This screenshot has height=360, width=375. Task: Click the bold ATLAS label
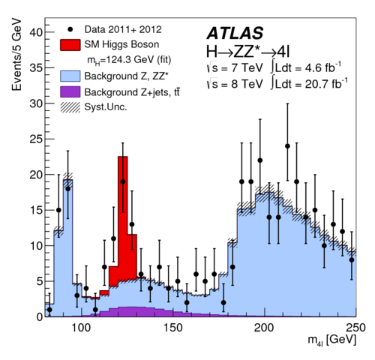point(235,32)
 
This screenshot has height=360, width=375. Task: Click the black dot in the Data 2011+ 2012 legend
point(70,29)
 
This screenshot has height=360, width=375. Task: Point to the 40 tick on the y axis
point(34,32)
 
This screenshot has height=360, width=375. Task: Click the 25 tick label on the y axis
point(34,139)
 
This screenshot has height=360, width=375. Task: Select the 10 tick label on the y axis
point(34,245)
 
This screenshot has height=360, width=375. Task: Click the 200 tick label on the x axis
point(264,328)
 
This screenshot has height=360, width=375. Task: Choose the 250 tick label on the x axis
point(355,328)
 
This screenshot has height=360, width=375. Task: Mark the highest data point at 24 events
point(287,146)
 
